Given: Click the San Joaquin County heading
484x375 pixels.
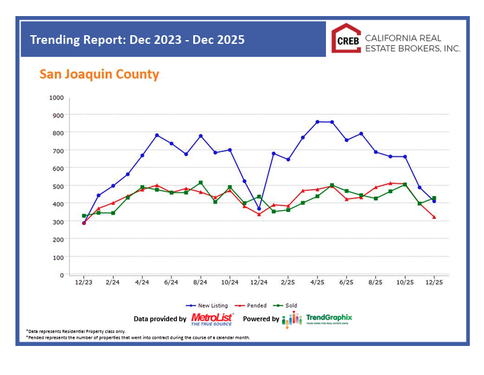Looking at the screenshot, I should (x=99, y=75).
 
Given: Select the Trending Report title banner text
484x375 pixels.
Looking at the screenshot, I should (x=138, y=40).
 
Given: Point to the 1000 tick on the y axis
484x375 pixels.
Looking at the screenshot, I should (x=56, y=98).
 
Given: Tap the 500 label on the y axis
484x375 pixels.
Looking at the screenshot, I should (x=57, y=186).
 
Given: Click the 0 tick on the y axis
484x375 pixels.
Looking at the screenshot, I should (x=61, y=274).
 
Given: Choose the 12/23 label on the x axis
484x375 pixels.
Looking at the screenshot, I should (x=84, y=282).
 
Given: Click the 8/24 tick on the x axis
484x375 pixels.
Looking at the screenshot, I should (x=201, y=282).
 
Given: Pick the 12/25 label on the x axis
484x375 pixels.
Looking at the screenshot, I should (x=434, y=282).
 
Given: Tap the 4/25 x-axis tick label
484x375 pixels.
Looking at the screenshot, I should (x=317, y=282).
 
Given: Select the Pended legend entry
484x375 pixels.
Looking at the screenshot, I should (x=252, y=305).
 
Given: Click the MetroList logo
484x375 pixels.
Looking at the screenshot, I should (x=212, y=319).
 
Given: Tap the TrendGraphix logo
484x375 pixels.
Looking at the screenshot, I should (x=317, y=319).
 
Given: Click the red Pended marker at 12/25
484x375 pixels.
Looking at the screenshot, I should (x=434, y=217).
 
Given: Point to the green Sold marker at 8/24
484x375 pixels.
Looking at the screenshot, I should (x=201, y=183).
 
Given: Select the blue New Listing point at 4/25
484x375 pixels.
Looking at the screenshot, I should (x=317, y=122).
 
